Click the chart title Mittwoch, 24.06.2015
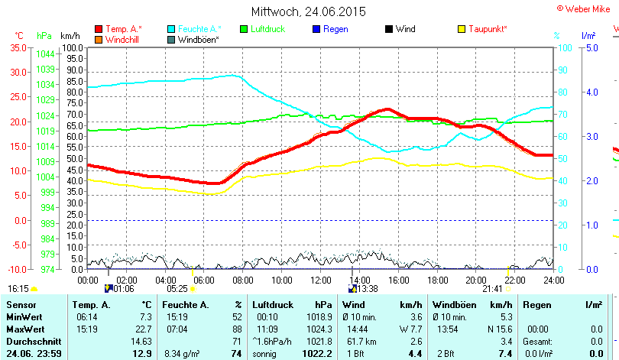[x=309, y=11]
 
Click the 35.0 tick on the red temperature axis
[x=17, y=47]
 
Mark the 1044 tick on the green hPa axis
[x=44, y=54]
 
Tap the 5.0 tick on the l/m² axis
[x=591, y=47]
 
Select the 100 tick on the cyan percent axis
[x=566, y=47]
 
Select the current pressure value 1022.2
[x=317, y=353]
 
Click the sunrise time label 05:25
[x=177, y=289]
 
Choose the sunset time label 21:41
[x=492, y=289]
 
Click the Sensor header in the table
[x=21, y=304]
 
